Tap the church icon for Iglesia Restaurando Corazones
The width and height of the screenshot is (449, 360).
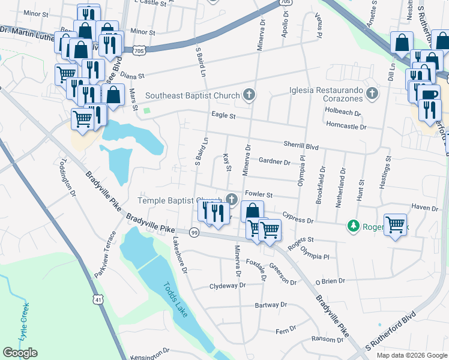tap(372, 94)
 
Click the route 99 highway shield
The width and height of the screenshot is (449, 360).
tap(194, 232)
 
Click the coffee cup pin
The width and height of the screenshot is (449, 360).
tap(429, 95)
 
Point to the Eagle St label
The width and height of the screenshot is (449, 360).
tap(222, 115)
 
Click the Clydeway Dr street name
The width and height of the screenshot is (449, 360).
tap(228, 286)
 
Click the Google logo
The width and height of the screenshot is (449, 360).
tap(20, 353)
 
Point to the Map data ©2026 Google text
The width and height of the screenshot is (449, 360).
tap(411, 355)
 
